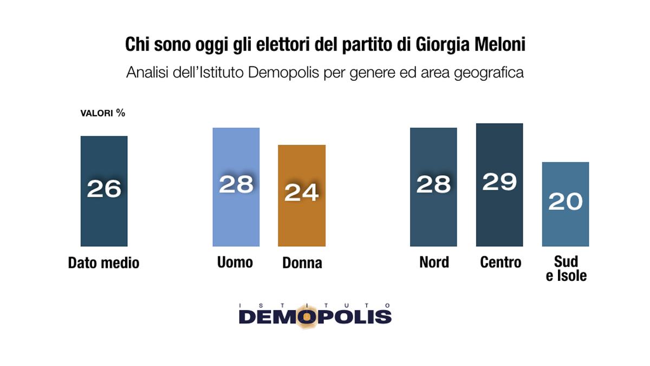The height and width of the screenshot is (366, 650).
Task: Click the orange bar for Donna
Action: (x=302, y=217)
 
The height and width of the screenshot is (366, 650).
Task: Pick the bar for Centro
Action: (x=499, y=217)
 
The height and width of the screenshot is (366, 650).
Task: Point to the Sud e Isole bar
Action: (x=565, y=228)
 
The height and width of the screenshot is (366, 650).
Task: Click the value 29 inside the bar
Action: (x=499, y=182)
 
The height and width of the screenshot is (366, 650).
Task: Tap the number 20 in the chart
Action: (x=565, y=202)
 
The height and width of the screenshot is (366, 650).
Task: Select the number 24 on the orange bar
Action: (x=302, y=193)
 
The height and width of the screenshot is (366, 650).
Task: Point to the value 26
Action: (x=104, y=189)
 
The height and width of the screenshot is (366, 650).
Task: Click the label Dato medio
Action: (x=104, y=263)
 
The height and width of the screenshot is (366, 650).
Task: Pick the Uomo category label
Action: (x=235, y=262)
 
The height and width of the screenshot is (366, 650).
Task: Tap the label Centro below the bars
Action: (x=500, y=262)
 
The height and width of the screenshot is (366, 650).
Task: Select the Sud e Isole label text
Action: (x=566, y=269)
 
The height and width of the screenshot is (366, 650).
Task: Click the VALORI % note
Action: (x=103, y=113)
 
